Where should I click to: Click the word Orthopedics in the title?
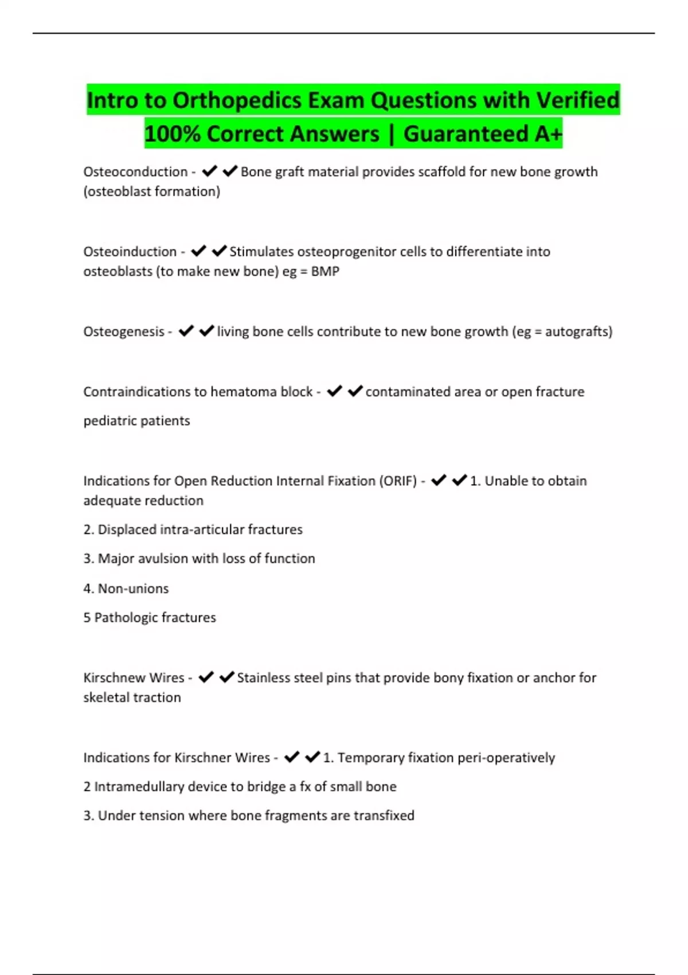[237, 100]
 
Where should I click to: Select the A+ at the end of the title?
[548, 134]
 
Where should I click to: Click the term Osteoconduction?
[135, 172]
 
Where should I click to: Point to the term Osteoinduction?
[130, 252]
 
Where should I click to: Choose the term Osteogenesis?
[124, 331]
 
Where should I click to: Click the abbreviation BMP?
[325, 271]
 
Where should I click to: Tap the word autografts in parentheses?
[576, 331]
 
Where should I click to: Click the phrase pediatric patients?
[136, 421]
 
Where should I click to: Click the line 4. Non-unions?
[126, 588]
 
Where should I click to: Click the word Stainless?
[265, 678]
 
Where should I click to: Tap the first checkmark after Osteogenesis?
[186, 331]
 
